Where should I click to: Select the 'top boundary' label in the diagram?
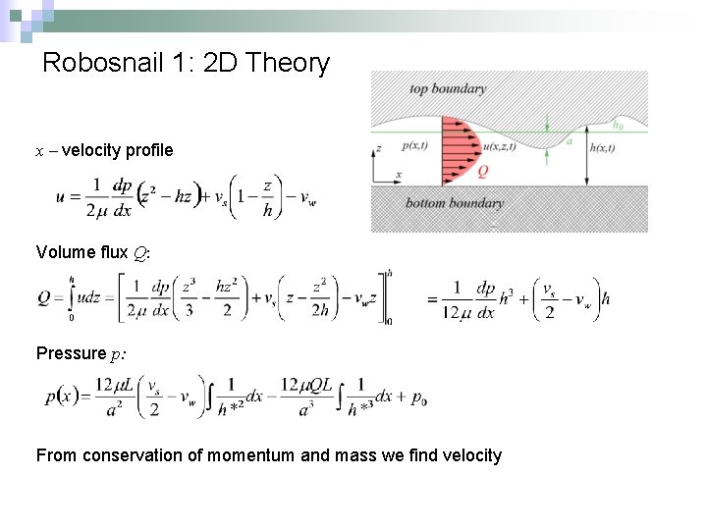click(447, 89)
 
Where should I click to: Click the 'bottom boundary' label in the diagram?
click(454, 203)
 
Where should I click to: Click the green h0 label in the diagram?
click(618, 125)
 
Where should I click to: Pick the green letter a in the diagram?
click(569, 141)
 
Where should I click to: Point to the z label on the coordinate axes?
click(379, 149)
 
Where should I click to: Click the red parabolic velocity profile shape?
click(456, 151)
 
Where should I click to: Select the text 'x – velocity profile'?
click(104, 150)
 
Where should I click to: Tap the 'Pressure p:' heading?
click(84, 353)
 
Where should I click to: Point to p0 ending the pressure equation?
click(419, 398)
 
